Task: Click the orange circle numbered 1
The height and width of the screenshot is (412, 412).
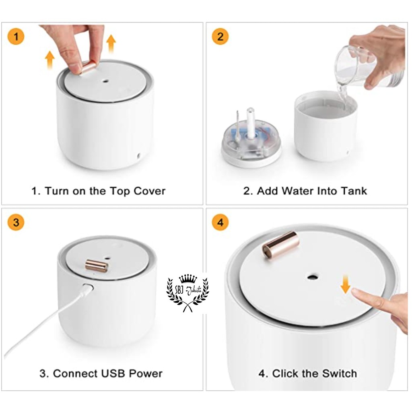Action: (x=16, y=36)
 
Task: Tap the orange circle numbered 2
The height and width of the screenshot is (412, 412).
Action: (x=220, y=36)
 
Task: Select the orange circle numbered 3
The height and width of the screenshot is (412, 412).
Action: (x=16, y=222)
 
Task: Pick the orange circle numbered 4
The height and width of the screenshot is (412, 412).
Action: (x=220, y=222)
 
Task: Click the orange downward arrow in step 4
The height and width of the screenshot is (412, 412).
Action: (x=345, y=284)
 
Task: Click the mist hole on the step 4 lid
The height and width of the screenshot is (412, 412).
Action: (x=312, y=277)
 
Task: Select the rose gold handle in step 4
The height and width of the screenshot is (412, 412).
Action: (x=280, y=244)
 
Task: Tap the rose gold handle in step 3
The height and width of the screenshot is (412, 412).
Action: (x=97, y=266)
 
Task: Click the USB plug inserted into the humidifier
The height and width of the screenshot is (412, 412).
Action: (x=88, y=288)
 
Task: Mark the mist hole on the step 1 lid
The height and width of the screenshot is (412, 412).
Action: (x=106, y=81)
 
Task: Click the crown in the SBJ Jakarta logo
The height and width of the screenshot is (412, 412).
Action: (x=188, y=278)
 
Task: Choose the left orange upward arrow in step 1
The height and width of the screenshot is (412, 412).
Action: (x=49, y=60)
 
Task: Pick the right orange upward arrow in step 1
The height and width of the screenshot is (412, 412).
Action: (x=111, y=43)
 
